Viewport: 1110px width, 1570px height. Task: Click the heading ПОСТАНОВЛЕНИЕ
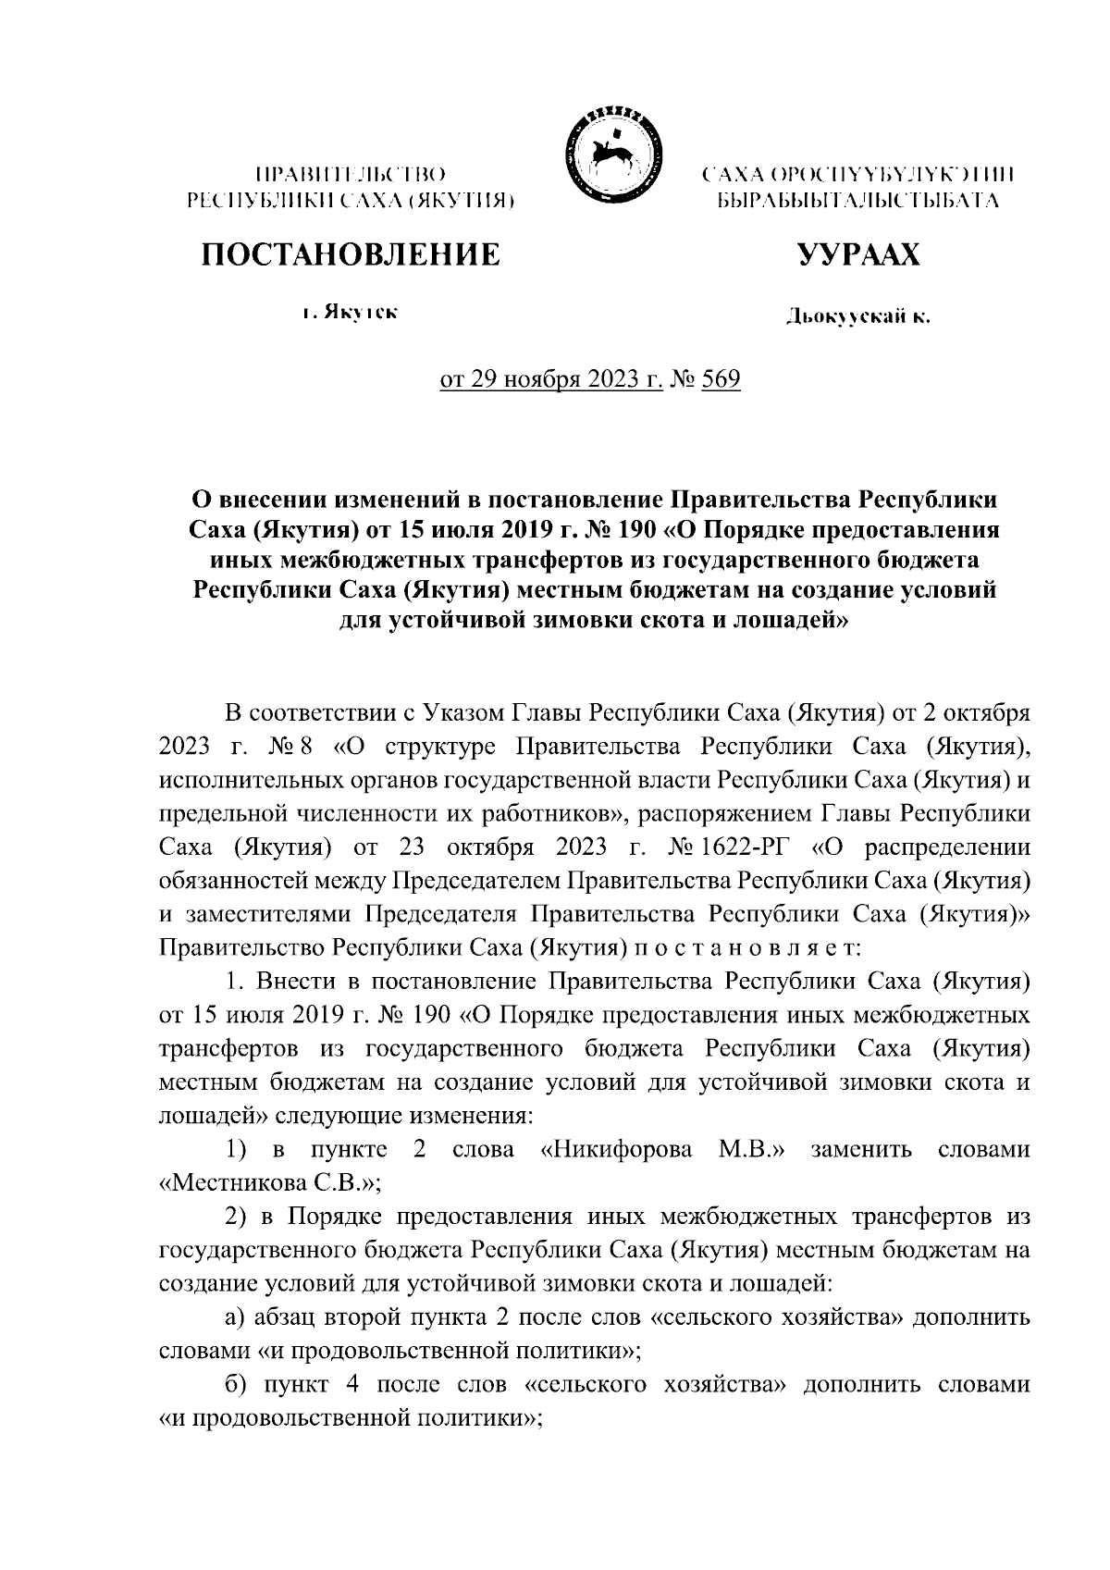click(351, 254)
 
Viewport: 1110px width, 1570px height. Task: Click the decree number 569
click(721, 380)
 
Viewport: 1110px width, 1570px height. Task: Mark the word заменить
click(860, 1149)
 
